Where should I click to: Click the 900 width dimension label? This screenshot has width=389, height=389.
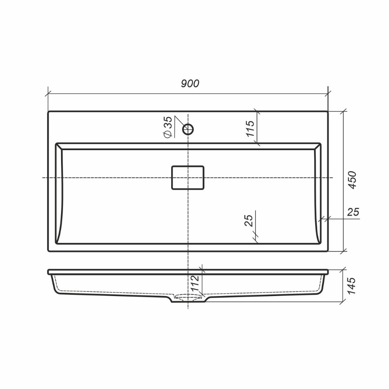(x=190, y=84)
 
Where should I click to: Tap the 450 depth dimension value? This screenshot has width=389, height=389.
(x=352, y=180)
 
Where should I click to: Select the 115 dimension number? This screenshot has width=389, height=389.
(x=250, y=128)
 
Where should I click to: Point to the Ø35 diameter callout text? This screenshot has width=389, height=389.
(x=168, y=127)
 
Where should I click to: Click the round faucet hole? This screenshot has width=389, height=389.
(x=188, y=129)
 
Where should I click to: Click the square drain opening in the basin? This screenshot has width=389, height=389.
(x=188, y=178)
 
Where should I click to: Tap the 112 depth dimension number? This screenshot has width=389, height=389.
(x=195, y=283)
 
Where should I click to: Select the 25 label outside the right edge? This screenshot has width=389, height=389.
(x=353, y=212)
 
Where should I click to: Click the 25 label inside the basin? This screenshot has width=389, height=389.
(x=249, y=220)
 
